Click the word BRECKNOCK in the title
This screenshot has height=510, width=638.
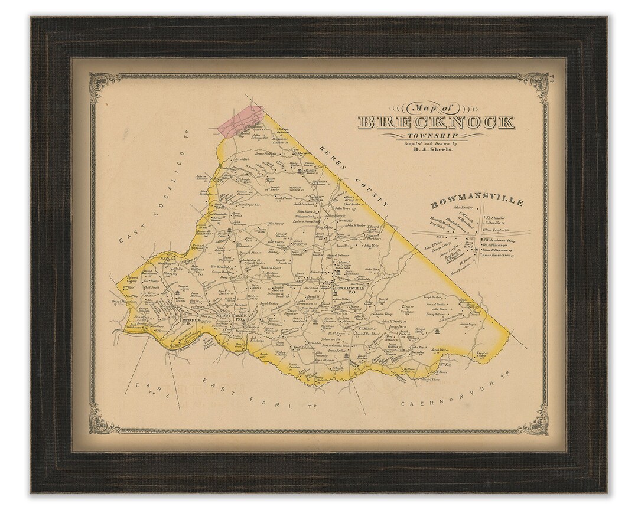tap(436, 123)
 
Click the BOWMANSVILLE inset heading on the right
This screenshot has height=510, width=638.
tap(477, 202)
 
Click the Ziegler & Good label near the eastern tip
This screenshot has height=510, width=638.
tap(481, 355)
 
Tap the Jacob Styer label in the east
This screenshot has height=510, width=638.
tap(468, 324)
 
